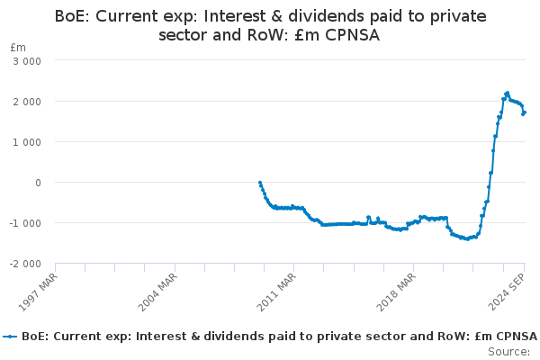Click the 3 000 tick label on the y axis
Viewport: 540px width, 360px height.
tap(27, 61)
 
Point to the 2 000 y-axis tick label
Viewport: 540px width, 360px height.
tap(27, 102)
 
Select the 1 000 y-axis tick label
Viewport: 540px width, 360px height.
tap(27, 142)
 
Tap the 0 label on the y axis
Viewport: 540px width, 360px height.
tap(38, 183)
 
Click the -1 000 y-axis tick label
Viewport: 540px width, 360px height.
tap(25, 223)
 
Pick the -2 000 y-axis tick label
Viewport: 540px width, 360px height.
tap(25, 264)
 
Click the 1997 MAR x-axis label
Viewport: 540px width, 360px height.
tap(38, 292)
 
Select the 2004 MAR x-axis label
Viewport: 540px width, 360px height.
tap(157, 292)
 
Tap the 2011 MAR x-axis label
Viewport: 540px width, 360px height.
tap(276, 292)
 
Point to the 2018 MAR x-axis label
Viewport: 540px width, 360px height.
tap(396, 292)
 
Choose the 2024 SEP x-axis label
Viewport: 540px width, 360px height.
tap(507, 292)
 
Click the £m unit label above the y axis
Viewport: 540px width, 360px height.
tap(18, 48)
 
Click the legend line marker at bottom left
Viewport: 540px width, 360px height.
tap(10, 337)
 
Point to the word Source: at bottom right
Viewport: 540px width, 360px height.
tap(509, 352)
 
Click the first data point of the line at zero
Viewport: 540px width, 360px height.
tap(260, 183)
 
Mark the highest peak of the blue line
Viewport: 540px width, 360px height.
tap(508, 93)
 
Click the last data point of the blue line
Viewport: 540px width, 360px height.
tap(525, 112)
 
